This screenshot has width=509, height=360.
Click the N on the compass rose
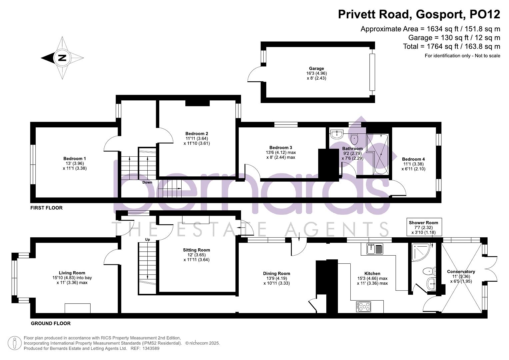point(62,58)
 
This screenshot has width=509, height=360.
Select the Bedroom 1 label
point(75,159)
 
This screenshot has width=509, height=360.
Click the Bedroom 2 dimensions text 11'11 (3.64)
point(197,139)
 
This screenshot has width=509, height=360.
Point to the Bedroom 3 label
point(281,148)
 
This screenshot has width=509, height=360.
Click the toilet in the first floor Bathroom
point(354,138)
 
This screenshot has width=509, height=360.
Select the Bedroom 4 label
point(413,159)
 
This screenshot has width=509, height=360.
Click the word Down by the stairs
point(147,182)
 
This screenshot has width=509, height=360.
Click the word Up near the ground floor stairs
point(147,239)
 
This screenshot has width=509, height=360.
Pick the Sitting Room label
point(196,250)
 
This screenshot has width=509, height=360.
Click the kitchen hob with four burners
point(363,306)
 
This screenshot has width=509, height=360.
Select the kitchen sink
point(375,249)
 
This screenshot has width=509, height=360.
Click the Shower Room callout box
point(423,227)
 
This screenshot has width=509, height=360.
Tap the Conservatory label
point(461,272)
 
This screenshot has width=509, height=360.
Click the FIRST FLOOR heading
point(46,208)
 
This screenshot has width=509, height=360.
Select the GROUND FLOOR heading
point(51,323)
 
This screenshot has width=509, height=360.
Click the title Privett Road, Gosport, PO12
point(419,14)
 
